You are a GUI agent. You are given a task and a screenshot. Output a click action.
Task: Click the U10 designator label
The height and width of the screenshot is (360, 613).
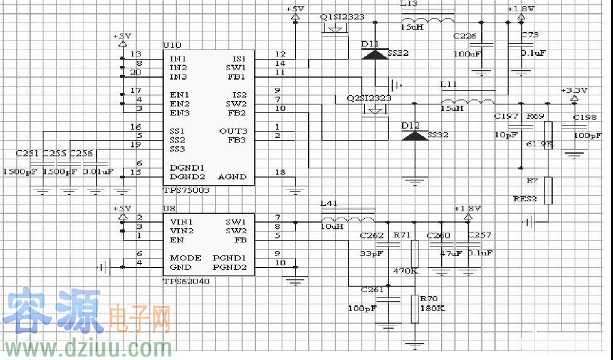pos(171,46)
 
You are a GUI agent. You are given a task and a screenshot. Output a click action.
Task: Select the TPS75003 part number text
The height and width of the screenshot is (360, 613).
pos(187,189)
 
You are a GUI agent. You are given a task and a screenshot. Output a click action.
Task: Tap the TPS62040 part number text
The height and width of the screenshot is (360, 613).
pos(186,282)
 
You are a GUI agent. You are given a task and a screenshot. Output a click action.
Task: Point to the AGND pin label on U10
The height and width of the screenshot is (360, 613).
pos(232,177)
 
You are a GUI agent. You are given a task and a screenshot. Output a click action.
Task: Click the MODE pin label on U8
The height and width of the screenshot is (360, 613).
pos(186,258)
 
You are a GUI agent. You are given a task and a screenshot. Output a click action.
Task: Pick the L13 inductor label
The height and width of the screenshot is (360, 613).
pos(408,3)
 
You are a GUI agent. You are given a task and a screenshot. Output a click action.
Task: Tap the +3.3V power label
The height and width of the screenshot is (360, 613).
pos(574,90)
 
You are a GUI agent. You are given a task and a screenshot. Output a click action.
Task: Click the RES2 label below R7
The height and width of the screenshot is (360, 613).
pos(525,199)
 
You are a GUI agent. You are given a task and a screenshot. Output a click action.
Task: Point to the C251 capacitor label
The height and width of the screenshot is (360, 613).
pos(28,153)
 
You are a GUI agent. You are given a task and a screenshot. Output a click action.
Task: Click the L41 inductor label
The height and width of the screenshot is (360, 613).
pos(329,204)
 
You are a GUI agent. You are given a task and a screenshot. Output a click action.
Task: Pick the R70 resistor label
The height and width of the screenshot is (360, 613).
pos(429,299)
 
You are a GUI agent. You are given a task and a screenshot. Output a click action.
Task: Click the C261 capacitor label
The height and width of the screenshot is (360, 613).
pos(372,290)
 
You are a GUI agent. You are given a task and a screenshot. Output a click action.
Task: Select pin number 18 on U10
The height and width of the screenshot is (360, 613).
pos(280,172)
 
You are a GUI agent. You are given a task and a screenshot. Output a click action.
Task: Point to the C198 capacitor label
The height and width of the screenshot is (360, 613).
pos(585,117)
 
